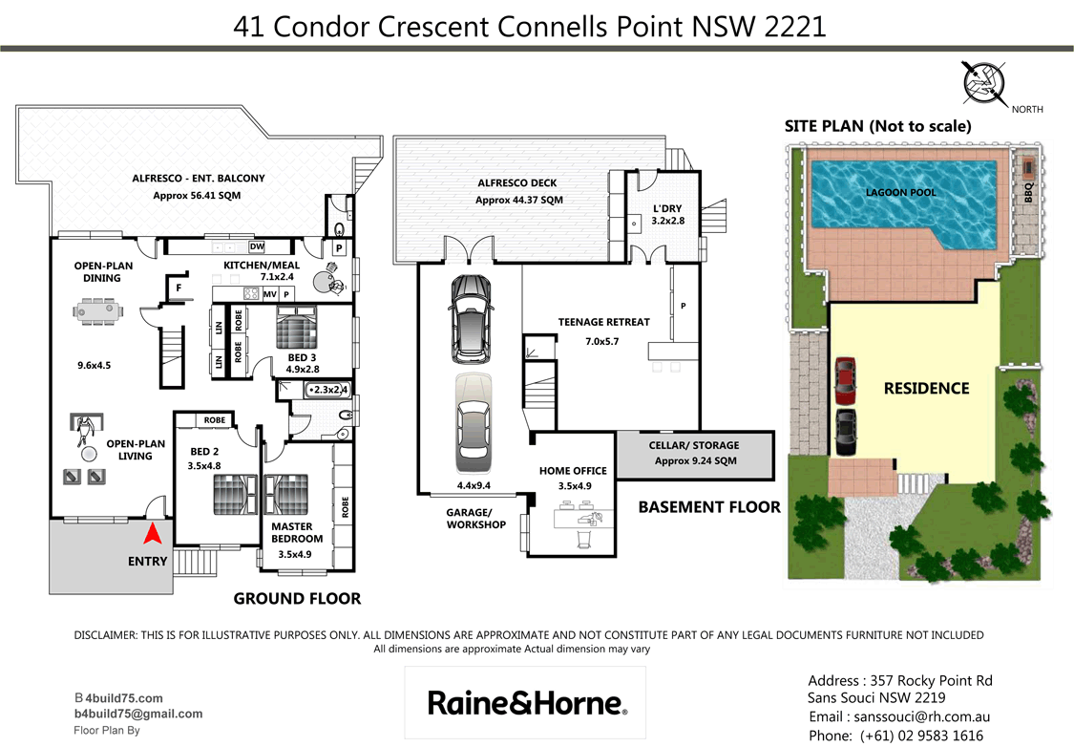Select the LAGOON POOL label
coord(900,192)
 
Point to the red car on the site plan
coord(845,381)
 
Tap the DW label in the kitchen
coord(257,247)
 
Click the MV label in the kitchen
coord(270,295)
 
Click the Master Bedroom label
coord(297,532)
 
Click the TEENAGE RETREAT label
coord(603,322)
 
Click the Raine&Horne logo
coord(527,703)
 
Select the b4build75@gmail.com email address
coord(138,714)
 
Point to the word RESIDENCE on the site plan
coord(925,388)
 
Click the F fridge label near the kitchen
coord(178,286)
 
